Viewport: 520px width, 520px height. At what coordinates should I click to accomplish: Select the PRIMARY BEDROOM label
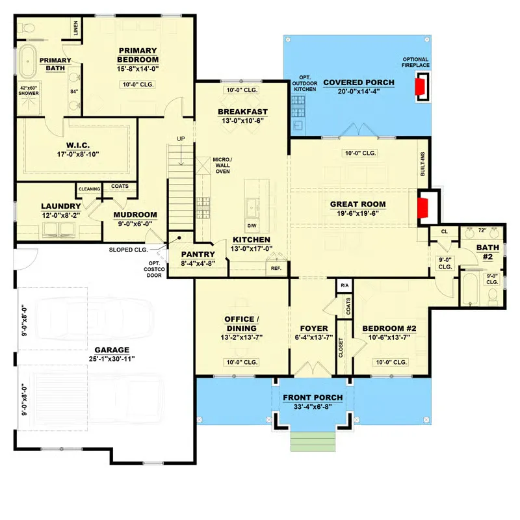point(137,55)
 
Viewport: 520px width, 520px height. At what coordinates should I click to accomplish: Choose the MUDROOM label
point(135,214)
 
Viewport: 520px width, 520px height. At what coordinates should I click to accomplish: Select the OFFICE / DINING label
point(242,323)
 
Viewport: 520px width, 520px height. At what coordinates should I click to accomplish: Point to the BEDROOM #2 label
point(389,328)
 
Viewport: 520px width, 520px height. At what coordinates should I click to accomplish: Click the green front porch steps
point(313,441)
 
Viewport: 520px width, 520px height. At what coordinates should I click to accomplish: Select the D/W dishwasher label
point(252,226)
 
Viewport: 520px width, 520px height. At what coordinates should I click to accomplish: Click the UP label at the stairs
point(181,138)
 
